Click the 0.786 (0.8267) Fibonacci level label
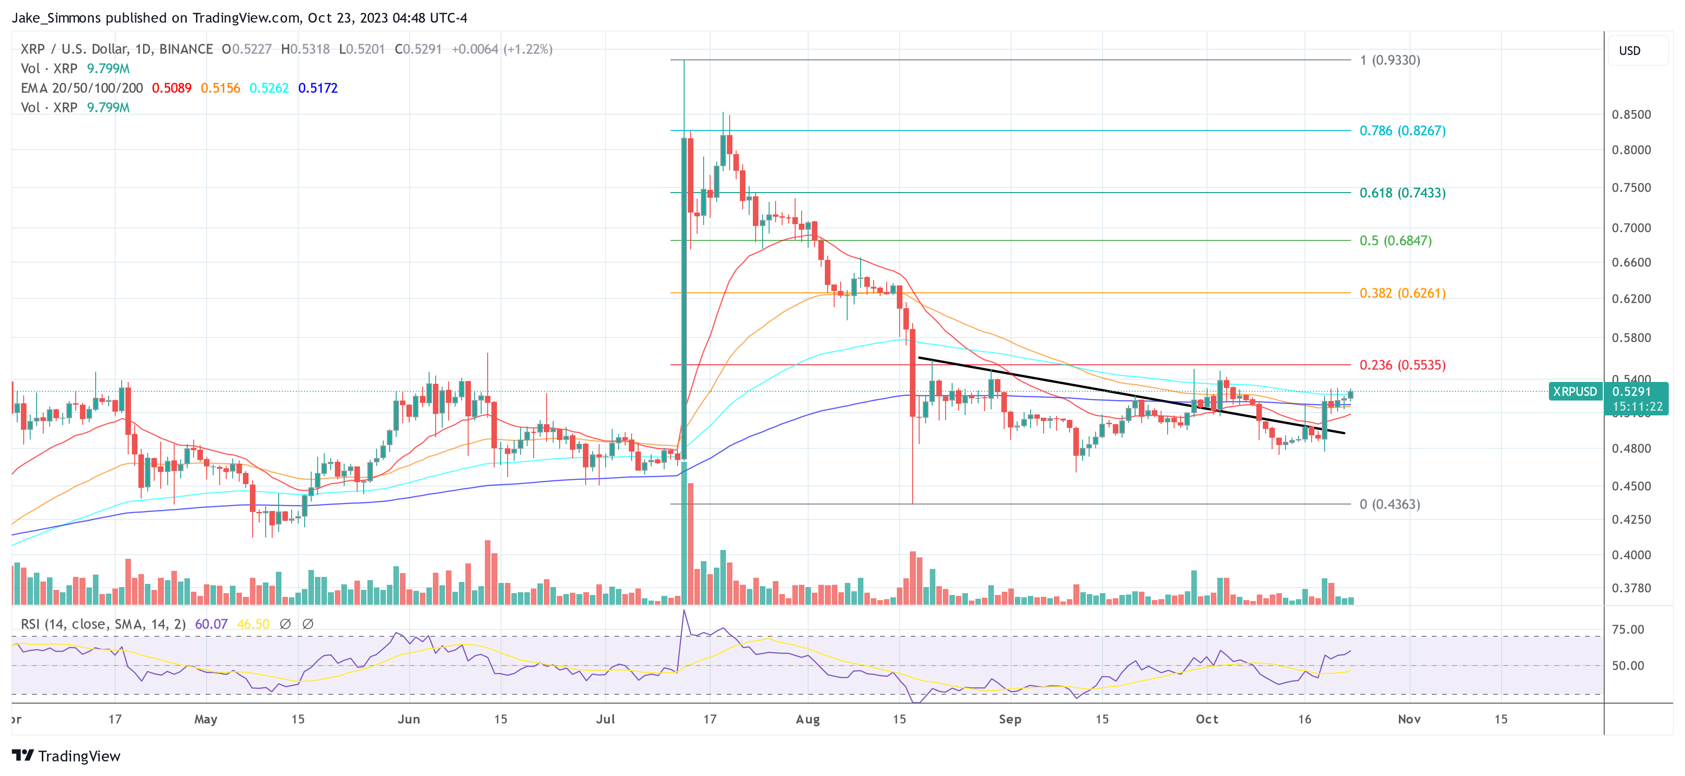point(1402,131)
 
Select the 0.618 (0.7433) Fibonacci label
point(1402,193)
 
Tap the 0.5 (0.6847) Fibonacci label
point(1395,240)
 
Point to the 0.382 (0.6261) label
point(1402,293)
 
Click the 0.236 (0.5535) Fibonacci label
point(1402,365)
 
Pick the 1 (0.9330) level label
point(1389,60)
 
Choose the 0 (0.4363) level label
point(1389,504)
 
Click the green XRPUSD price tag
point(1574,392)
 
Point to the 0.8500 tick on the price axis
point(1631,115)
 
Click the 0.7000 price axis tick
point(1631,227)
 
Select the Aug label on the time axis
point(807,719)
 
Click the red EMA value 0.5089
point(171,88)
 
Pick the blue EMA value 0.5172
point(318,88)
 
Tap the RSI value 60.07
point(211,624)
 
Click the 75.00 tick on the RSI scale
point(1627,629)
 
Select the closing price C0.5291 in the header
point(418,49)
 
